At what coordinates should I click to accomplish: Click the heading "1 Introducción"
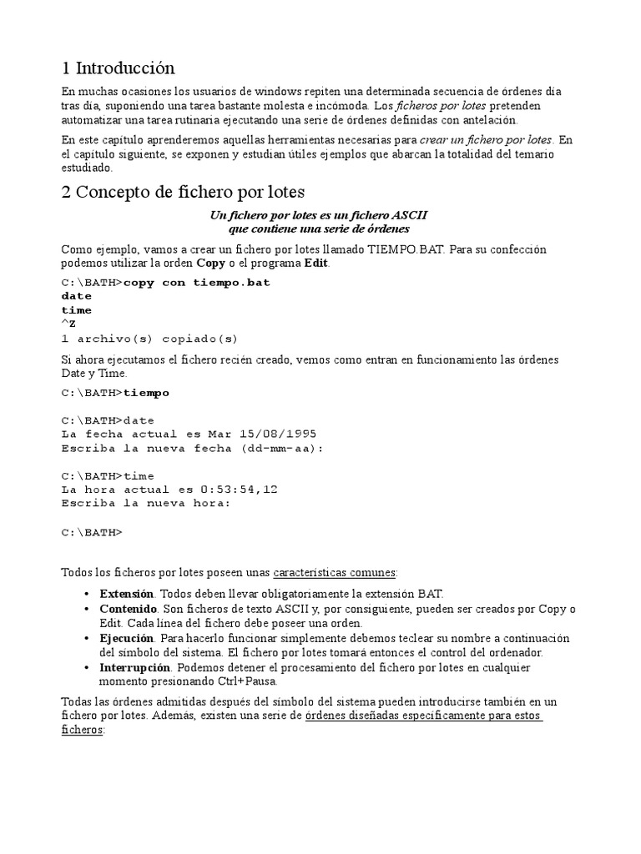(119, 68)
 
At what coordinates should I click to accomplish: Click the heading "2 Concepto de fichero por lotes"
(184, 192)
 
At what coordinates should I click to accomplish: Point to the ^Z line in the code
(68, 324)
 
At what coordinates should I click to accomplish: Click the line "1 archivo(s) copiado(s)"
(149, 338)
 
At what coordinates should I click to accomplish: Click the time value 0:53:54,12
(239, 490)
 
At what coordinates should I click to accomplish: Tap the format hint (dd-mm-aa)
(281, 448)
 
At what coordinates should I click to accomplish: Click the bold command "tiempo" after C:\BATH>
(146, 393)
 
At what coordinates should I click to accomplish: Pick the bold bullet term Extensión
(126, 595)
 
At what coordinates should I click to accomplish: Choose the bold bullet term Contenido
(128, 610)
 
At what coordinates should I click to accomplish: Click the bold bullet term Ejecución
(127, 638)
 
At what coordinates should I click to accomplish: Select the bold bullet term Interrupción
(132, 668)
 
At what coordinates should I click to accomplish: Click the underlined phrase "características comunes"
(335, 572)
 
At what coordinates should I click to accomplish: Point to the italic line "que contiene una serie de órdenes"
(320, 228)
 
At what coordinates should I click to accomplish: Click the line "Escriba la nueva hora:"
(145, 503)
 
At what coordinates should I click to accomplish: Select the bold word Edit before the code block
(317, 263)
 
